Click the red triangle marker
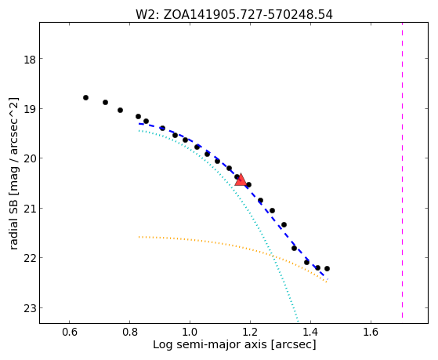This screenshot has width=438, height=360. [x=241, y=180]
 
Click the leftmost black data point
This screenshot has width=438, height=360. [x=85, y=97]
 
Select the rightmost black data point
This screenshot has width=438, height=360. [x=327, y=268]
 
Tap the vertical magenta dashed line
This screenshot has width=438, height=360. [x=402, y=170]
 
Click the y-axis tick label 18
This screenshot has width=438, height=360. [x=29, y=60]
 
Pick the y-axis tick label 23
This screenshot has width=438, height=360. [x=29, y=308]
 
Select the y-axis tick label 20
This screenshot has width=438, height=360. [x=29, y=159]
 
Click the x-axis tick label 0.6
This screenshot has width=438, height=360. [x=69, y=332]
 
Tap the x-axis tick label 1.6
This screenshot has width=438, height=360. [x=371, y=332]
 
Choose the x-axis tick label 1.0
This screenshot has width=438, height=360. [x=190, y=332]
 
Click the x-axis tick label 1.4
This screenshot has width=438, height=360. [x=310, y=332]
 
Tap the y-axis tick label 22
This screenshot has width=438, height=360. [x=29, y=259]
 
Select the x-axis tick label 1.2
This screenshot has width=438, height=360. [x=250, y=332]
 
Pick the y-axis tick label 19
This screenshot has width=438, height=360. [x=29, y=110]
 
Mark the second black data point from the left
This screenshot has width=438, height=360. [x=105, y=103]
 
